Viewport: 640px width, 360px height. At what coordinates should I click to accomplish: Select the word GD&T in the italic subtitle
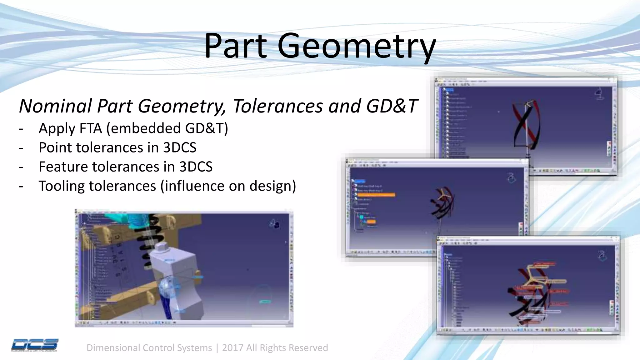(x=392, y=106)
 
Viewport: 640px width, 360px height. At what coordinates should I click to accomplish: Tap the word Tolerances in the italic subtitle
(x=277, y=106)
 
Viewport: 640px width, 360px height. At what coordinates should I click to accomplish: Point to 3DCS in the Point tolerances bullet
(x=180, y=147)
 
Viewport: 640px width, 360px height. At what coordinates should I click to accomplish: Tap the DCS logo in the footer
(x=34, y=345)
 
